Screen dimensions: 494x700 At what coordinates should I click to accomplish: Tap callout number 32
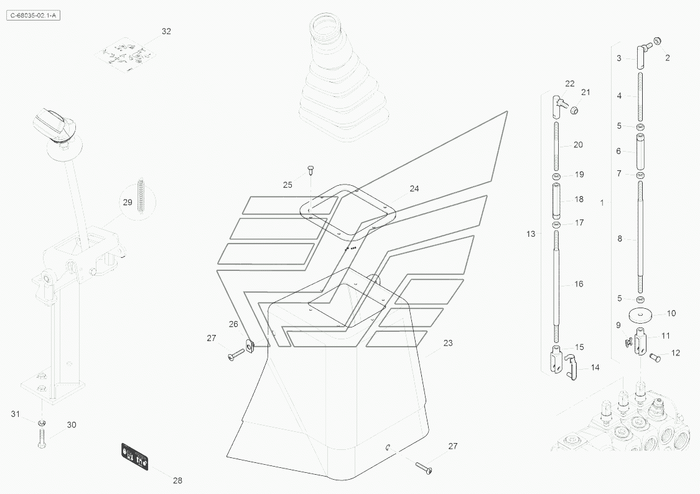tap(166, 31)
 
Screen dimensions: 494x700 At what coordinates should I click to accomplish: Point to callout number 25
tap(287, 185)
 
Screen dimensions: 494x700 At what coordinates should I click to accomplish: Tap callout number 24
tap(414, 188)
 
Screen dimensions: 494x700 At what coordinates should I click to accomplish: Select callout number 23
tap(448, 343)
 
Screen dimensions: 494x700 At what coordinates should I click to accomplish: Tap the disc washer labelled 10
tap(640, 315)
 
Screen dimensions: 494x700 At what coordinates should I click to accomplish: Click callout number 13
tap(531, 234)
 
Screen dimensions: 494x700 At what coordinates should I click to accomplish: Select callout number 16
tap(579, 284)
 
